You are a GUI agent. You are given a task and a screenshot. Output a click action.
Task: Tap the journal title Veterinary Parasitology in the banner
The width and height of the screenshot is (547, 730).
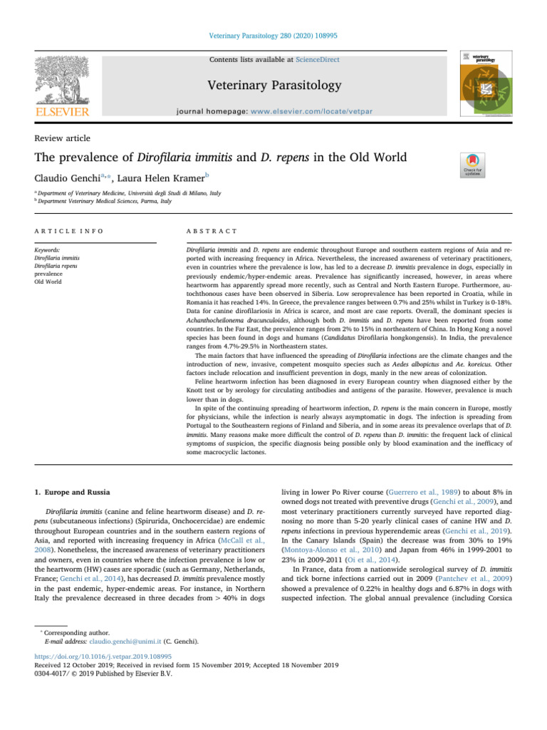pyautogui.click(x=273, y=86)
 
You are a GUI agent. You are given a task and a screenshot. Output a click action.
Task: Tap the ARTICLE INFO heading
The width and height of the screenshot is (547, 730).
pyautogui.click(x=69, y=232)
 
